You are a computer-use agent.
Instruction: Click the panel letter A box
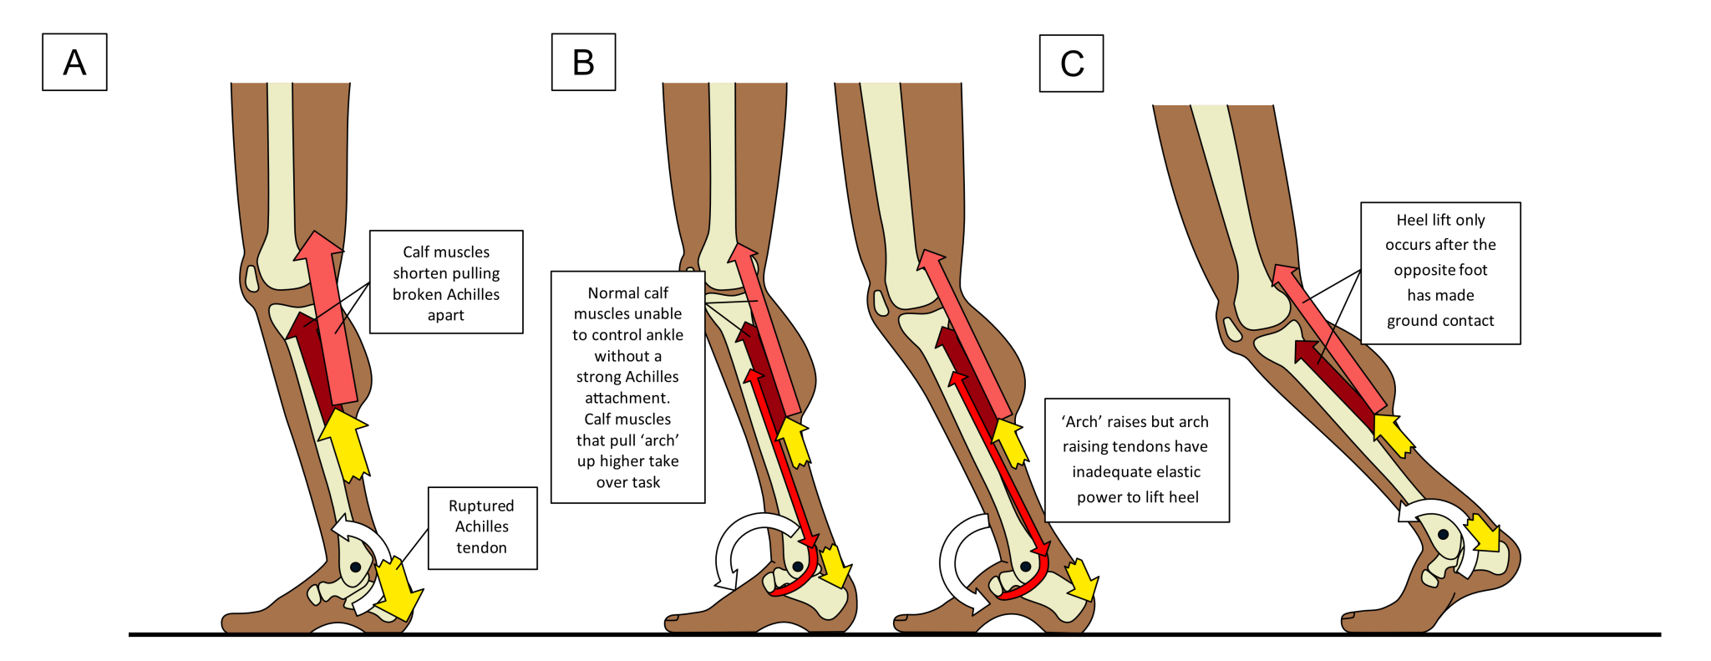74,62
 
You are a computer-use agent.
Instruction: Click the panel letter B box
583,62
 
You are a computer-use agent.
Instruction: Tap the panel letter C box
1071,64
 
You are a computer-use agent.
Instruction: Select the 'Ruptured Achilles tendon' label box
482,527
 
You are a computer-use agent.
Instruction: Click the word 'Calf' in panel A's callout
417,252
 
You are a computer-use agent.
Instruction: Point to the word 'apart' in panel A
445,315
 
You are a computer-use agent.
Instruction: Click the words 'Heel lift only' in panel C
1440,220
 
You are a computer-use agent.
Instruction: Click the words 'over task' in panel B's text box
627,482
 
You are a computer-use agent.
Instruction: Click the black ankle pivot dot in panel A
355,567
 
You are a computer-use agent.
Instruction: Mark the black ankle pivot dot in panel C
1443,535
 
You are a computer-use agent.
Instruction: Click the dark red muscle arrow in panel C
1333,377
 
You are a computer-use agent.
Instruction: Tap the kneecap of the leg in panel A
251,278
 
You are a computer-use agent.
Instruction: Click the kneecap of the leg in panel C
1232,329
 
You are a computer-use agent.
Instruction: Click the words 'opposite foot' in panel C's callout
1440,270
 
